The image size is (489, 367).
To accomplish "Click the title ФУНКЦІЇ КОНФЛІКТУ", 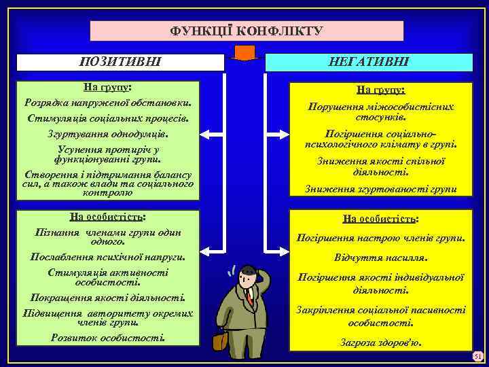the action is tap(247, 31).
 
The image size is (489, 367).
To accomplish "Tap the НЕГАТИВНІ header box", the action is tap(368, 63).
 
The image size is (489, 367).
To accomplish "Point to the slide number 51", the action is tap(477, 357).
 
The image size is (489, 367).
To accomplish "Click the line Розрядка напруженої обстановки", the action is tap(108, 103).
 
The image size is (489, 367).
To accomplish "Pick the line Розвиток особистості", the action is tap(108, 338).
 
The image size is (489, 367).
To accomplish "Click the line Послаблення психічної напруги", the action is tap(108, 258).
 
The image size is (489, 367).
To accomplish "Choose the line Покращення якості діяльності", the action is tap(108, 297).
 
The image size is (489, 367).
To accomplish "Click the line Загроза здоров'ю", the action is tap(380, 343).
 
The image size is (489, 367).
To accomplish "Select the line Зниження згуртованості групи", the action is tap(380, 189).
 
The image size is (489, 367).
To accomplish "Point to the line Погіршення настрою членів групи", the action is tap(380, 239).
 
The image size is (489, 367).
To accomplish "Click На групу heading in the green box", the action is tap(108, 88).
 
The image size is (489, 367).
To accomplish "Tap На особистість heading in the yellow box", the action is tap(380, 219).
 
